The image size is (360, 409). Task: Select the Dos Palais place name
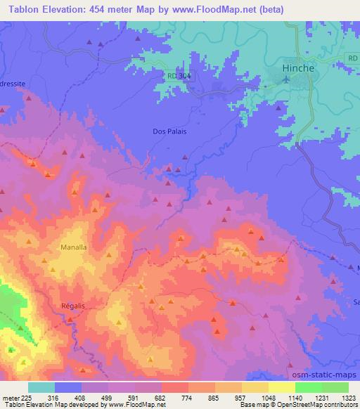[x=169, y=131]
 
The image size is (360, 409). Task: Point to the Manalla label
[x=73, y=247]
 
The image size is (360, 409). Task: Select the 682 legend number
[x=141, y=397]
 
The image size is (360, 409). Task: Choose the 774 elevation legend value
[x=167, y=397]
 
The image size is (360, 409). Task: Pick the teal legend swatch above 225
[x=41, y=387]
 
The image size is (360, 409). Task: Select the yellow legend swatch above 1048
[x=255, y=387]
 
